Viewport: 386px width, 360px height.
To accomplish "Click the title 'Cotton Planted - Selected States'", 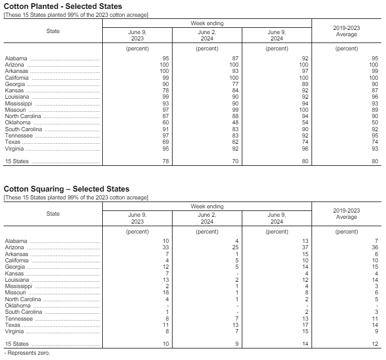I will click(x=62, y=6).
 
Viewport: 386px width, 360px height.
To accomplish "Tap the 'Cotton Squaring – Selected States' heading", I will click(x=66, y=189).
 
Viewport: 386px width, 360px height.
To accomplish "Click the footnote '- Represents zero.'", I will click(x=27, y=353).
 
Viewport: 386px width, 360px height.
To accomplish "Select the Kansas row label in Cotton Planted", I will click(x=14, y=91).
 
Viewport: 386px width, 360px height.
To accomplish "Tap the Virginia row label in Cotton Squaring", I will click(x=14, y=332).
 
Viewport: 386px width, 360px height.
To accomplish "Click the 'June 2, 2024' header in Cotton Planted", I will click(x=207, y=35).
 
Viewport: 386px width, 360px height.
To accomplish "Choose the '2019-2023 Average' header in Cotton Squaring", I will click(x=346, y=214).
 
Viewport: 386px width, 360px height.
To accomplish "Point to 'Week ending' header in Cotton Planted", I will click(x=207, y=24).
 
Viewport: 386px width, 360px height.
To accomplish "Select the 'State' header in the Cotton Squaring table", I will click(x=53, y=214).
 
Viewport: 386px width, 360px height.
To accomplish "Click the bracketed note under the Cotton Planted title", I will click(x=76, y=14).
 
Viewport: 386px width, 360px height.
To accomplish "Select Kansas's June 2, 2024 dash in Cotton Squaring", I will click(x=238, y=273).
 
